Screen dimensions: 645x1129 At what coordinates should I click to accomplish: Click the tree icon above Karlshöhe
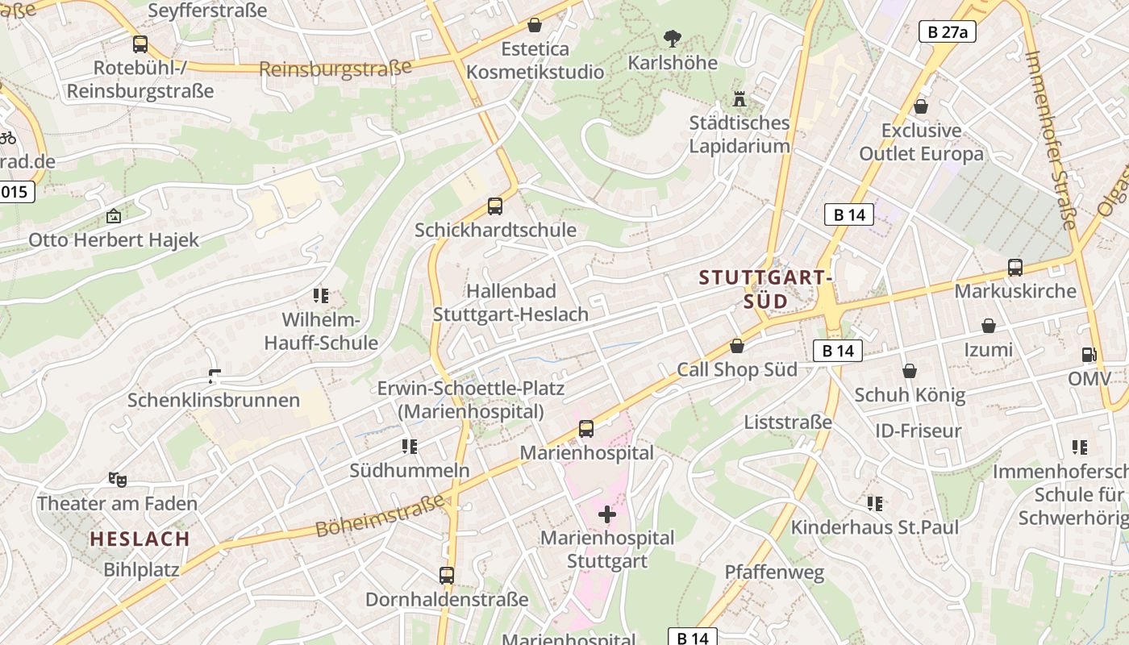pos(672,38)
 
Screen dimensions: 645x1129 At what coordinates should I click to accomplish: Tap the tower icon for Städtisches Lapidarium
pos(739,99)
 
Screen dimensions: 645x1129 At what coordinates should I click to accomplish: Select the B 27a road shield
pos(948,31)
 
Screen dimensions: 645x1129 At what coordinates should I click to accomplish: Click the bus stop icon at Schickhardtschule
pos(495,206)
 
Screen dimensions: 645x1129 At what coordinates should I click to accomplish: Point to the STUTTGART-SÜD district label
pos(765,289)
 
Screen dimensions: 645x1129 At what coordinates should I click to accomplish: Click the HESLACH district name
pos(140,539)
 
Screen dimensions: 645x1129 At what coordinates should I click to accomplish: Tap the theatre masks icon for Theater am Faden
pos(118,480)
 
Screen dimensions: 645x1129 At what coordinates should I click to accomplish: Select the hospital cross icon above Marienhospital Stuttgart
pos(607,514)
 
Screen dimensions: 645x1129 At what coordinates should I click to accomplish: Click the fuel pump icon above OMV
pos(1089,355)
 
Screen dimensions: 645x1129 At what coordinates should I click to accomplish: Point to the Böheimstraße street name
pos(380,516)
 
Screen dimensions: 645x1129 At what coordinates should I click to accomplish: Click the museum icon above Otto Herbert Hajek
pos(114,216)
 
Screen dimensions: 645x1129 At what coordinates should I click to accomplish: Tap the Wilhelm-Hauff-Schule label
pos(321,331)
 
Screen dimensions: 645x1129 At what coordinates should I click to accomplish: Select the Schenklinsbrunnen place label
pos(214,400)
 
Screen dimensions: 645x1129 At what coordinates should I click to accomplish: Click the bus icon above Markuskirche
pos(1015,268)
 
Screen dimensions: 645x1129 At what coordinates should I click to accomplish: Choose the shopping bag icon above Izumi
pos(989,326)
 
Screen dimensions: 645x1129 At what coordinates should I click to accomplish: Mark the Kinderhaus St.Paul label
pos(875,527)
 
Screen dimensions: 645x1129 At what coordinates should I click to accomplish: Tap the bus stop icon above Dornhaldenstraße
pos(447,576)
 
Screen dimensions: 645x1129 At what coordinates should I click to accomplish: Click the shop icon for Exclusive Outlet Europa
pos(921,106)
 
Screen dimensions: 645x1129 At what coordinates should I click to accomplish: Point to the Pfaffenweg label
pos(774,572)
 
